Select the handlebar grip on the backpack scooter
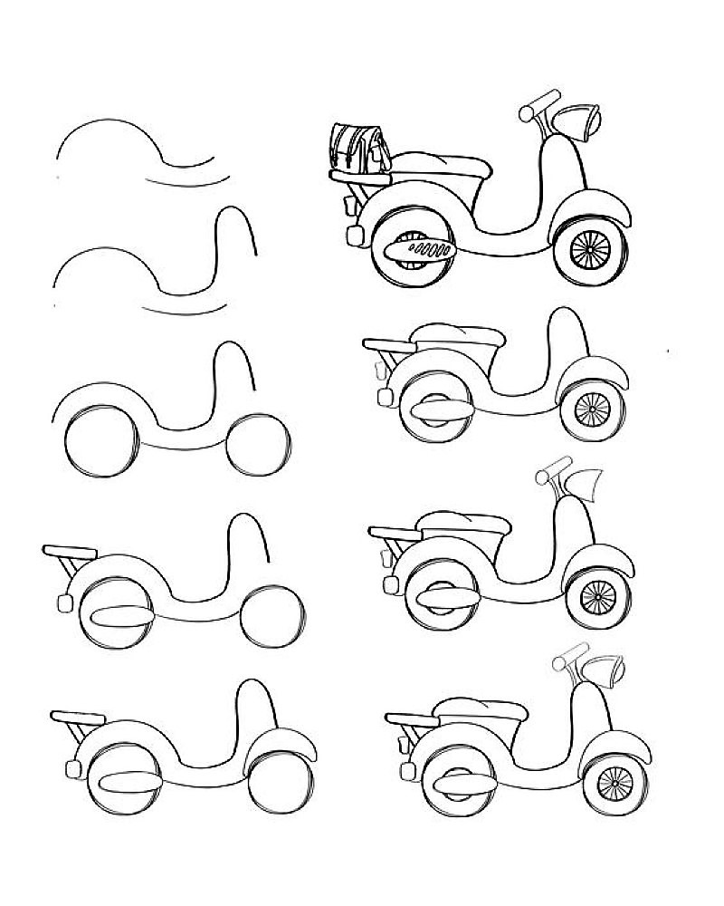[538, 102]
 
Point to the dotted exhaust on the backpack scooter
[418, 247]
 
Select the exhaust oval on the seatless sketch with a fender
[129, 782]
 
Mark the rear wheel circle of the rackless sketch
[102, 447]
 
